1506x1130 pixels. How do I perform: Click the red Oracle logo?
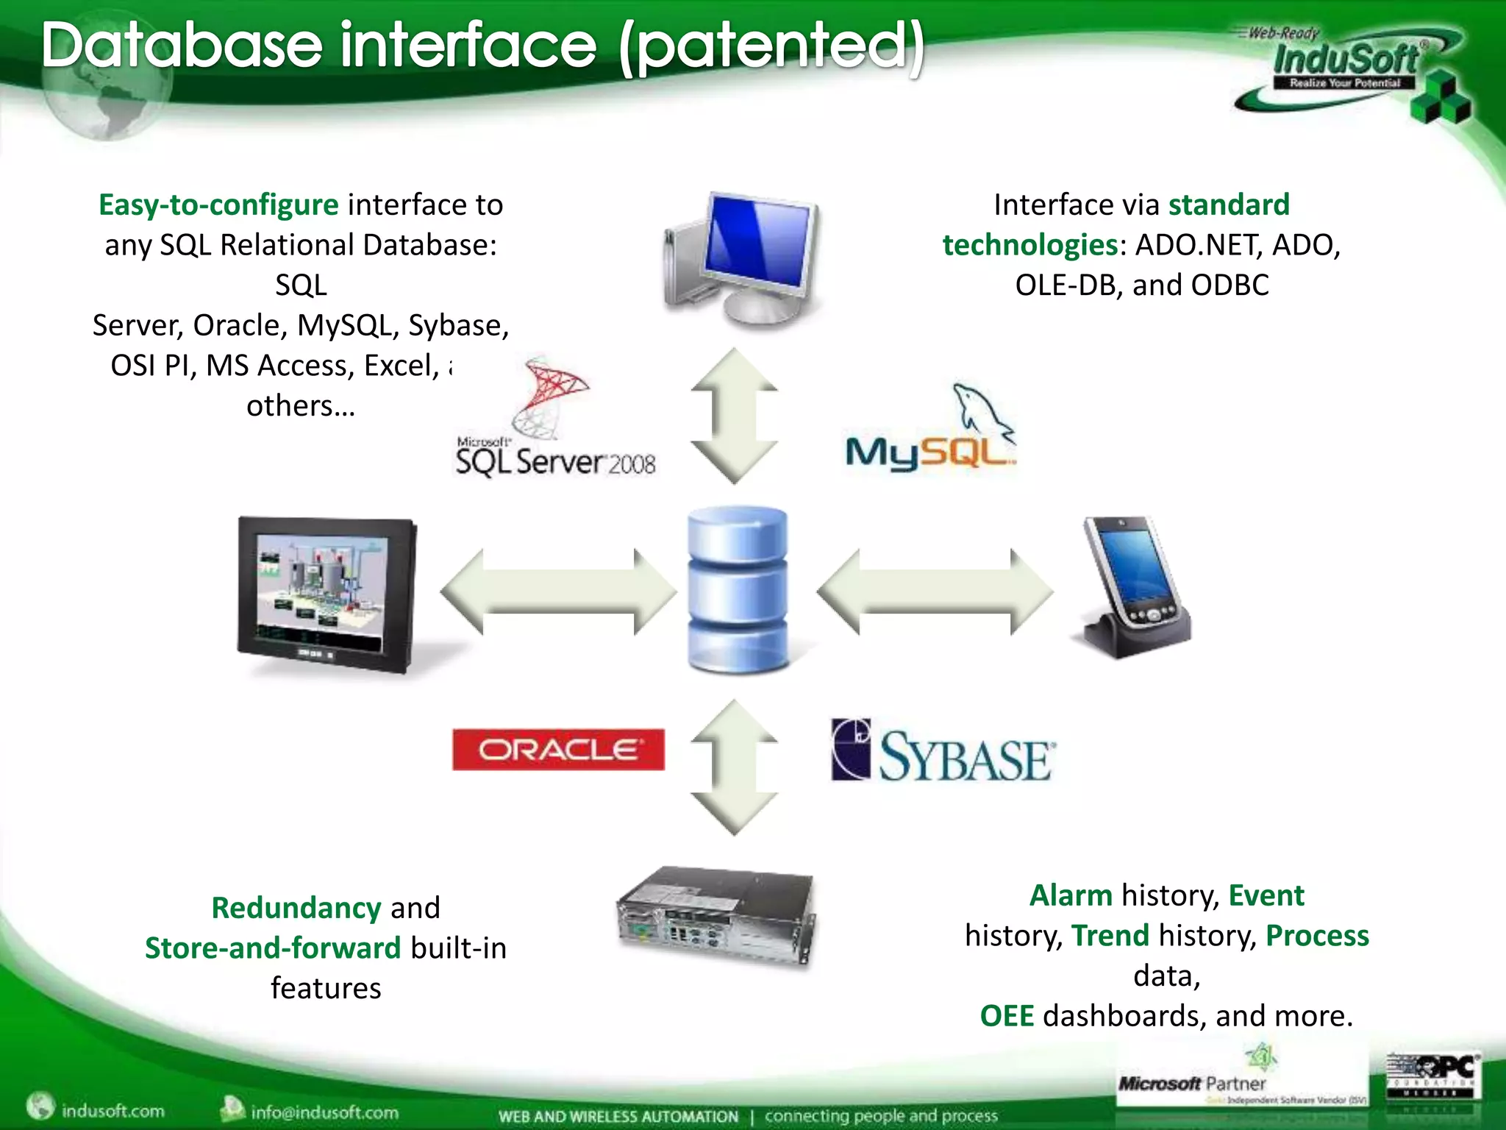coord(558,750)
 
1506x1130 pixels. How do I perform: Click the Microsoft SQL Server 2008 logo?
coord(555,423)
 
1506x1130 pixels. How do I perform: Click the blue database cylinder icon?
coord(738,589)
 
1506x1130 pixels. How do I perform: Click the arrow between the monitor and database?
coord(734,416)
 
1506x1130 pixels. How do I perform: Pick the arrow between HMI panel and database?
coord(559,591)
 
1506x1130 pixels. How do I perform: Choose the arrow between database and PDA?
coord(935,591)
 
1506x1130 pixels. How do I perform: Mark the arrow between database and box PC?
coord(734,767)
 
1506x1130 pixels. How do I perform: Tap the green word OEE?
coord(1007,1016)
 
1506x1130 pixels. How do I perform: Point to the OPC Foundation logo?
coord(1432,1075)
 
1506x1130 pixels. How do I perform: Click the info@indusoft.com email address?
coord(324,1112)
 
